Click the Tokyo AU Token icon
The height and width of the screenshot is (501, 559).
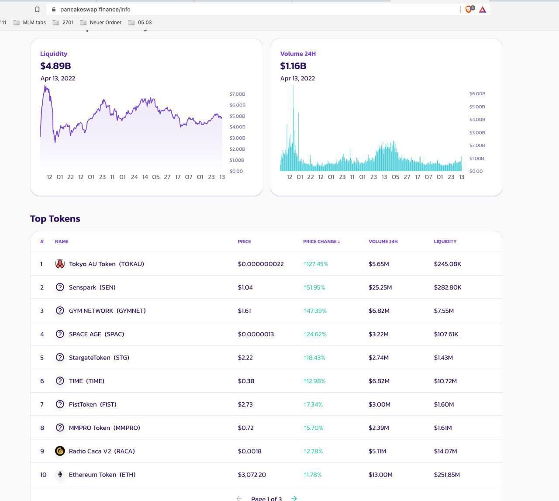point(60,264)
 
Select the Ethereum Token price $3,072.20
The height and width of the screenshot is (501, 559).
point(252,475)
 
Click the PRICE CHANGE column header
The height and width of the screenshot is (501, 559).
point(321,242)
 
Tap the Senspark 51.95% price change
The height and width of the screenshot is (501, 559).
point(314,287)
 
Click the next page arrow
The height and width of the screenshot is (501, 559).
point(294,498)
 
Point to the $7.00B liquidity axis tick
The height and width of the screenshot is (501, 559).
point(237,94)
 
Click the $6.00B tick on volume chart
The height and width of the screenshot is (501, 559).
point(477,93)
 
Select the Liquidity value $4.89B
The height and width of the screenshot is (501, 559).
point(55,66)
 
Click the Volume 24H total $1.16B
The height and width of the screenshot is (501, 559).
point(293,66)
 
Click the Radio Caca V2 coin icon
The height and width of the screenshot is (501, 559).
point(60,451)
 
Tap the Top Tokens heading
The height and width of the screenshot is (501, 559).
point(55,219)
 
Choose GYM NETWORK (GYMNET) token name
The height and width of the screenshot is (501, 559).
point(107,311)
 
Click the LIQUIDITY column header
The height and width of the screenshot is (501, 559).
point(445,242)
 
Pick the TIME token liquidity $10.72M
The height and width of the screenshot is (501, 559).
point(445,381)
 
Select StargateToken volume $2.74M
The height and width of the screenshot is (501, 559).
point(378,358)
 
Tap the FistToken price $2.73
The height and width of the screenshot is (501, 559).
point(245,404)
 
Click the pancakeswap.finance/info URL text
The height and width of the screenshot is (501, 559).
point(95,9)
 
